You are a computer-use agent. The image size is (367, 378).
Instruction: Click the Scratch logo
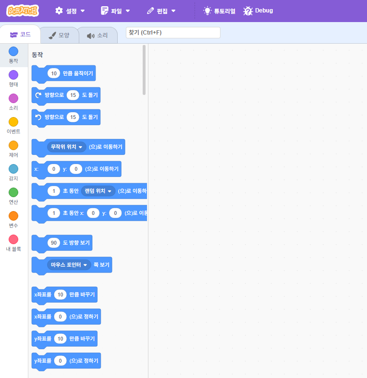point(23,11)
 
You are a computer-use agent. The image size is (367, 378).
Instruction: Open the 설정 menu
point(70,11)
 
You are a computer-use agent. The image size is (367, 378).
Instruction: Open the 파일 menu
point(115,11)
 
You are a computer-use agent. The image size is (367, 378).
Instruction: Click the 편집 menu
point(161,11)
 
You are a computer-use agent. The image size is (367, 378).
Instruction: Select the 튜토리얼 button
point(220,11)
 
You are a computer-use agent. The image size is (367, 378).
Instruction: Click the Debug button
point(258,11)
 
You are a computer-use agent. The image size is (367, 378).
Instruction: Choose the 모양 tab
point(59,35)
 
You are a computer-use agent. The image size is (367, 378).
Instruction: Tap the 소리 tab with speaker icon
point(98,35)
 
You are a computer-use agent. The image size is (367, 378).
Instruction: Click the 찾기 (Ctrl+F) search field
point(172,33)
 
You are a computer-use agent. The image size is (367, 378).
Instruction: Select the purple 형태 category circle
point(13,75)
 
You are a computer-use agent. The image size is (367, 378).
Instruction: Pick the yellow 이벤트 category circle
point(13,122)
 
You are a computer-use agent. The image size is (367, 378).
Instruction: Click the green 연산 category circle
point(13,192)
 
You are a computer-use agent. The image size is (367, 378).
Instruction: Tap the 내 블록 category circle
point(13,239)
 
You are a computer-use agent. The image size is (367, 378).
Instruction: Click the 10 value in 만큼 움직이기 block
point(54,73)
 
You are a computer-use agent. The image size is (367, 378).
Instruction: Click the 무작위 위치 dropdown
point(67,147)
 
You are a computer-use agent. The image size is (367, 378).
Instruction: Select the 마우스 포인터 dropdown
point(69,264)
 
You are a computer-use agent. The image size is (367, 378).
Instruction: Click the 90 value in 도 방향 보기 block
point(54,243)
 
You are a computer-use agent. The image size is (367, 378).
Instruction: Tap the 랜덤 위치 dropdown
point(98,191)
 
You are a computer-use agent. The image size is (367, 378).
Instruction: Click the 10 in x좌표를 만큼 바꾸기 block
point(60,295)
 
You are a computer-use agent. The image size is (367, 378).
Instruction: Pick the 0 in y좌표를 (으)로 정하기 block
point(60,360)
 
